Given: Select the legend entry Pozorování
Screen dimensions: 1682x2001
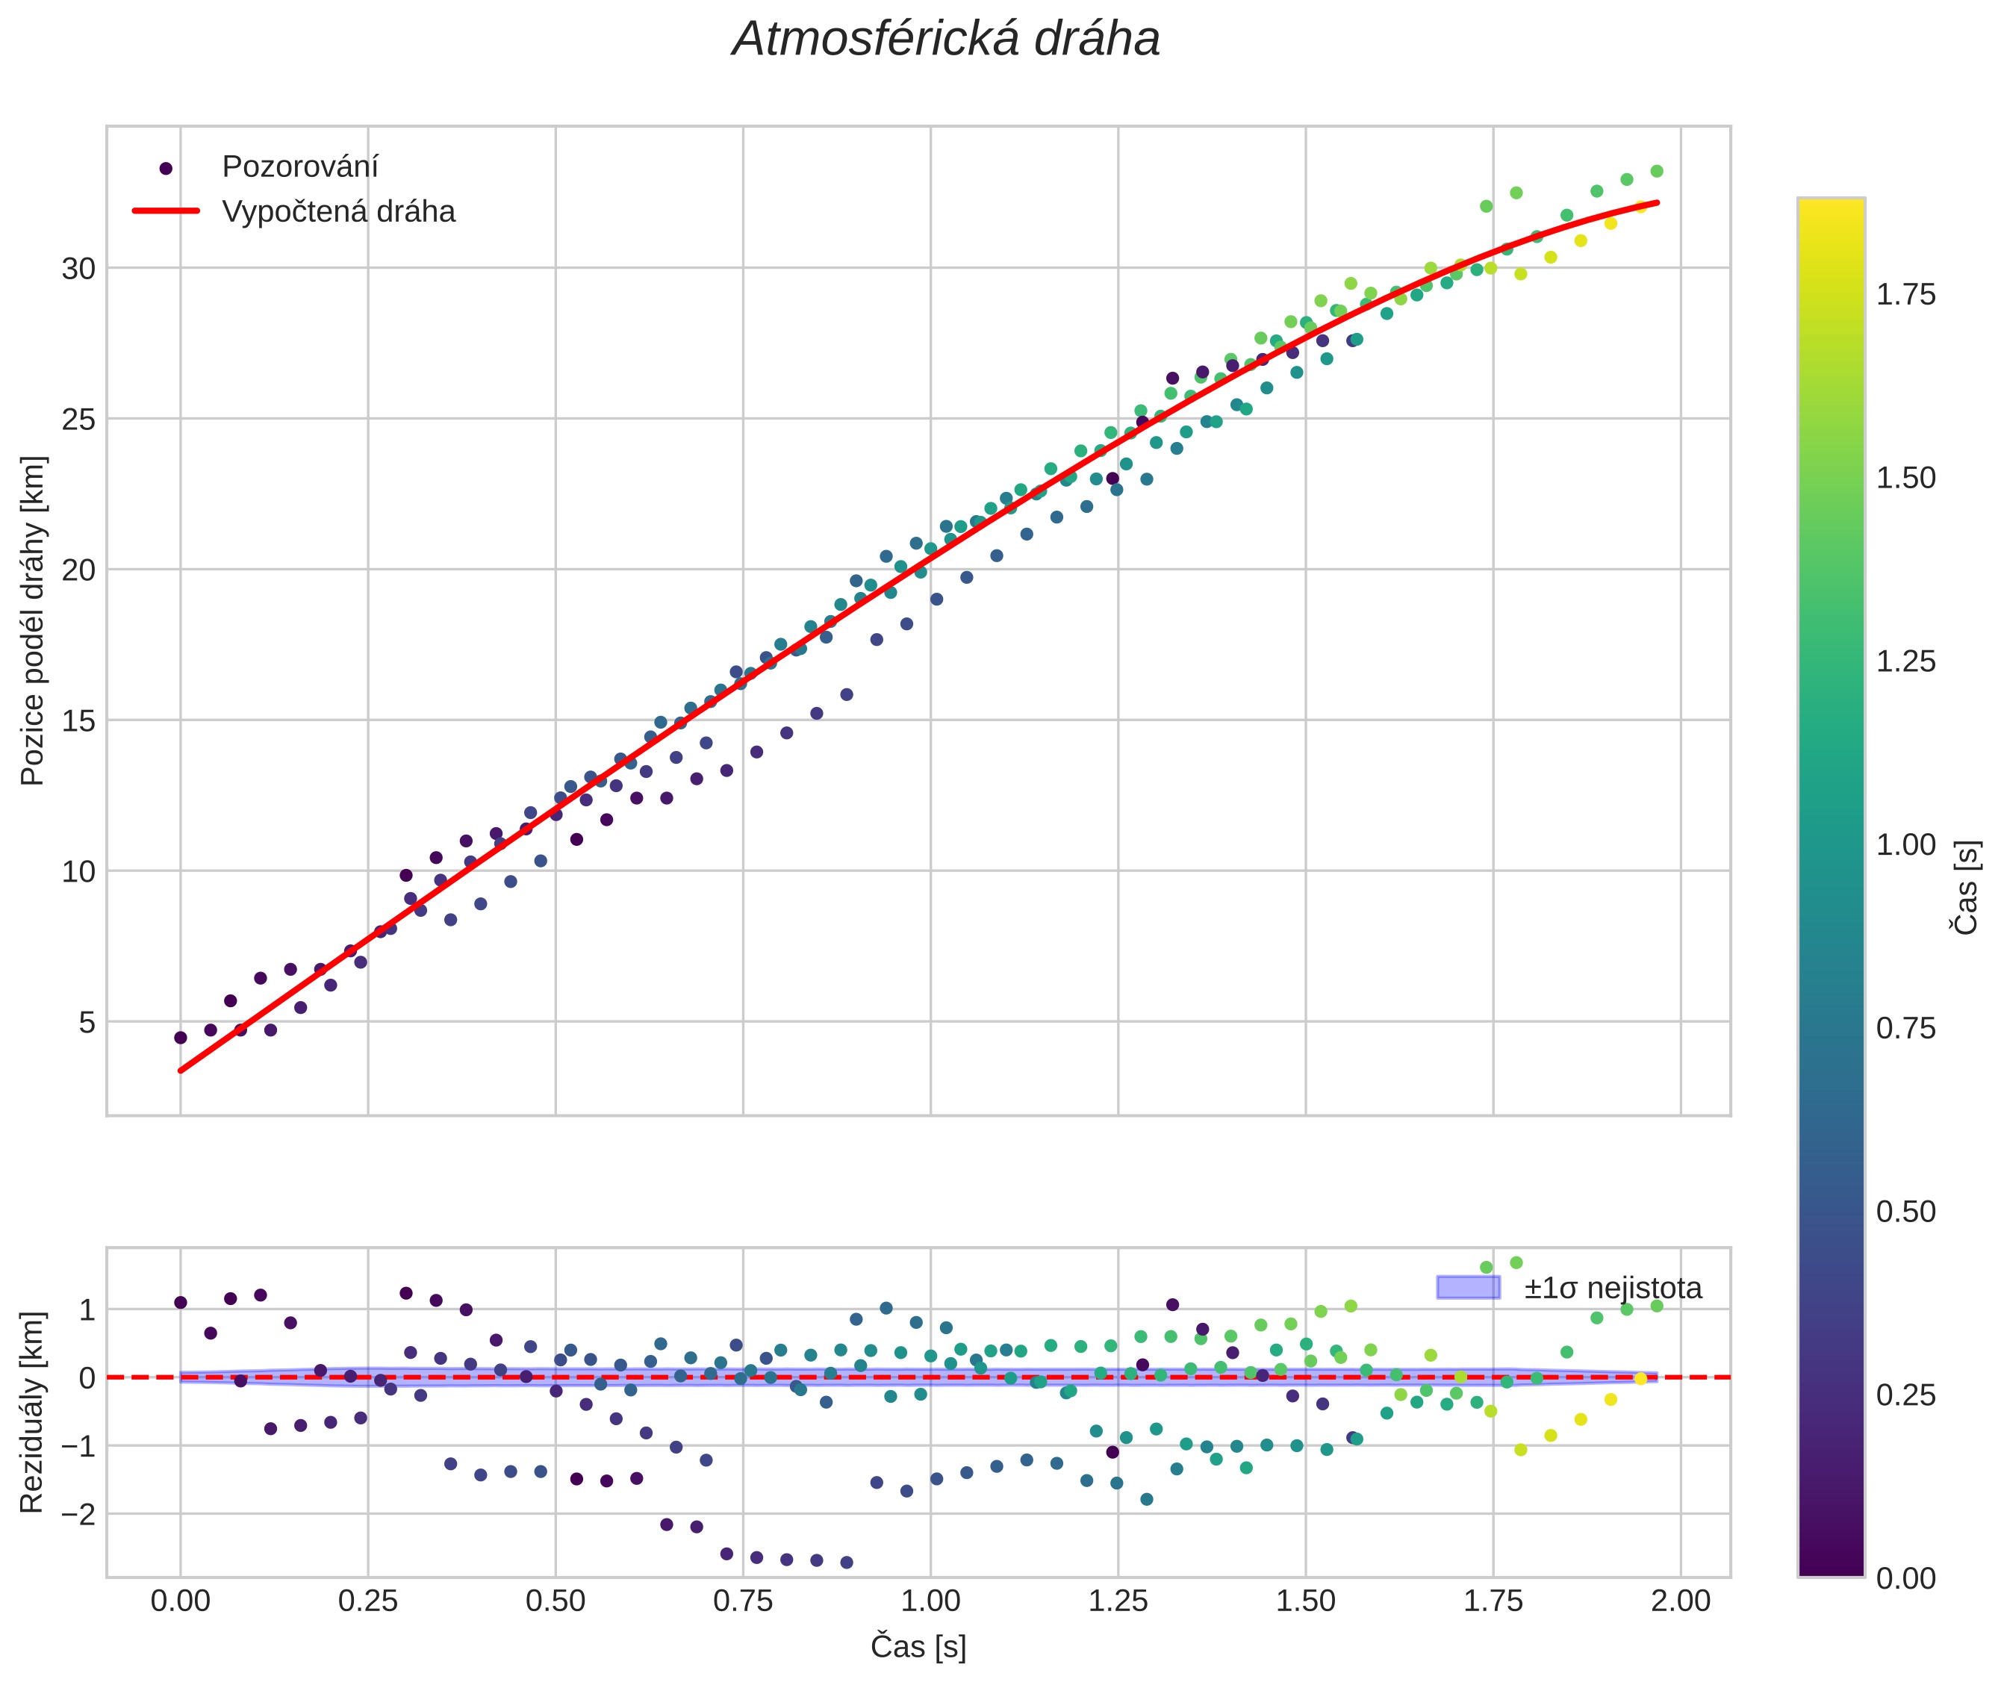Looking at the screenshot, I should pyautogui.click(x=299, y=167).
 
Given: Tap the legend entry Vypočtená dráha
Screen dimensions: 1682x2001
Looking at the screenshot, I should pyautogui.click(x=338, y=212).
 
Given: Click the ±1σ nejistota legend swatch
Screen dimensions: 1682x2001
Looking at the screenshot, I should pyautogui.click(x=1468, y=1287).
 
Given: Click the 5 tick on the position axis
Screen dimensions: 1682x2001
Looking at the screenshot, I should pyautogui.click(x=87, y=1022).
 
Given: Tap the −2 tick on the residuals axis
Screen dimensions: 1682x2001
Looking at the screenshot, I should pyautogui.click(x=76, y=1513).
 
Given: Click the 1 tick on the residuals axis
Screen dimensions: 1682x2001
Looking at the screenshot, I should pyautogui.click(x=87, y=1310).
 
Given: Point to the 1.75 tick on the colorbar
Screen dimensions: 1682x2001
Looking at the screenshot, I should pyautogui.click(x=1905, y=295).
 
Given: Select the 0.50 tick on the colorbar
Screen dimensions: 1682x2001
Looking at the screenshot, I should pyautogui.click(x=1905, y=1212).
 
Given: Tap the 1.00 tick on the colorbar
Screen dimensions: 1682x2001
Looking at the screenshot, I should pyautogui.click(x=1905, y=845).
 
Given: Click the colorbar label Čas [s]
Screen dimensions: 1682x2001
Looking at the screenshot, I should pyautogui.click(x=1967, y=888).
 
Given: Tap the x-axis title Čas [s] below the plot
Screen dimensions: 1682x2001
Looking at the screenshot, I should pyautogui.click(x=918, y=1648).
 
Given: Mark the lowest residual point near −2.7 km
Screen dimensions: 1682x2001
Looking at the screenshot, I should pyautogui.click(x=846, y=1563).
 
